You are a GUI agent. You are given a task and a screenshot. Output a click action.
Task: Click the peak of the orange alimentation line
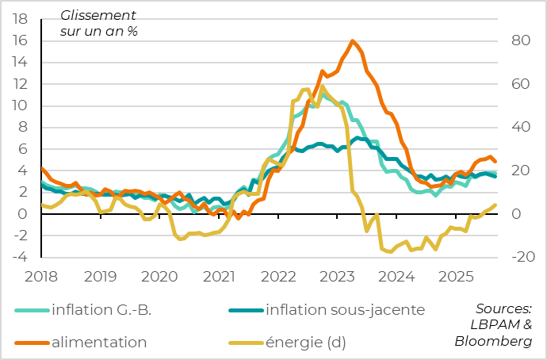pos(352,41)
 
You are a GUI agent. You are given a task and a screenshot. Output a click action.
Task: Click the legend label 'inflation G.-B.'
pos(101,309)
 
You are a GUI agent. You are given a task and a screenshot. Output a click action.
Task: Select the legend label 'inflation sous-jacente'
pos(346,309)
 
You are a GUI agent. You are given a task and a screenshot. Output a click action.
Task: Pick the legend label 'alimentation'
pos(99,342)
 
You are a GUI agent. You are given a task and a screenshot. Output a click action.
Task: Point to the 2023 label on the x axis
pos(337,276)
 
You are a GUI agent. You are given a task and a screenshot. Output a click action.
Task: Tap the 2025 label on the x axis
pos(455,276)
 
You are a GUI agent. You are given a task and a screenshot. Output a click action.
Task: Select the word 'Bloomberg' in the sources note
pos(493,341)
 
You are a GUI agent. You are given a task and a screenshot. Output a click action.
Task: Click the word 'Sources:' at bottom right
pos(503,308)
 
